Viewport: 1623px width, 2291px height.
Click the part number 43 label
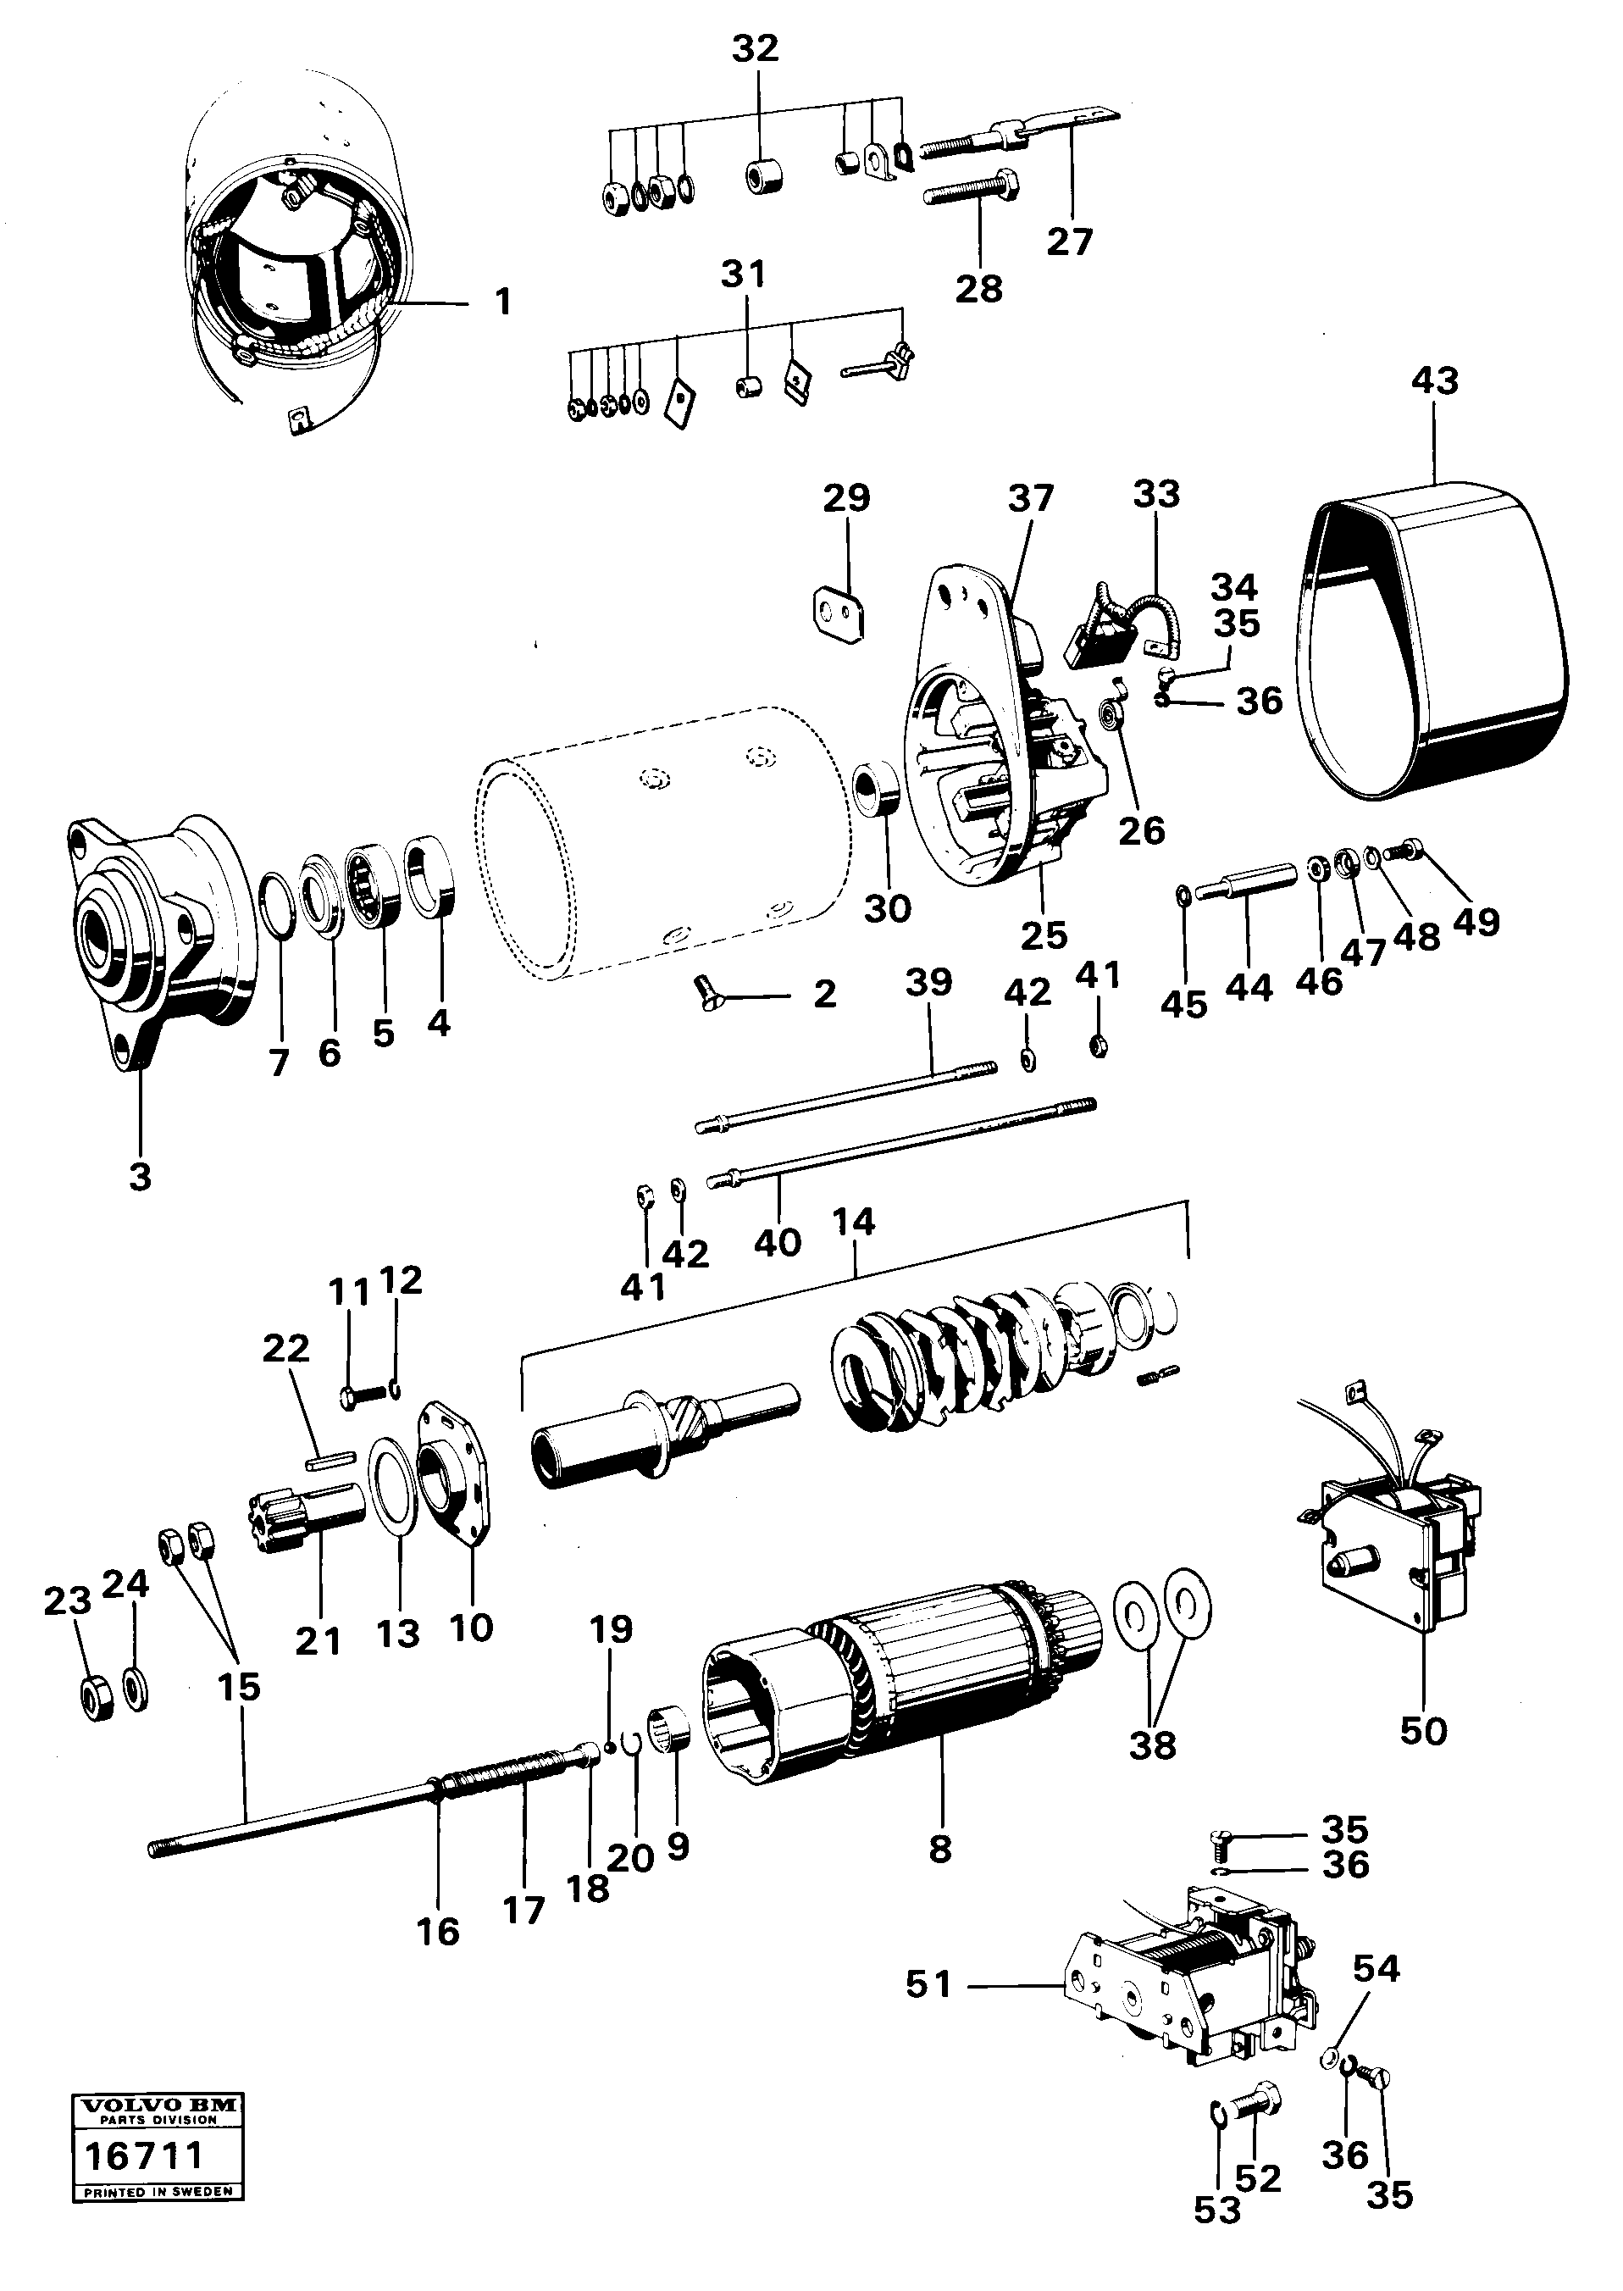click(x=1435, y=380)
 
